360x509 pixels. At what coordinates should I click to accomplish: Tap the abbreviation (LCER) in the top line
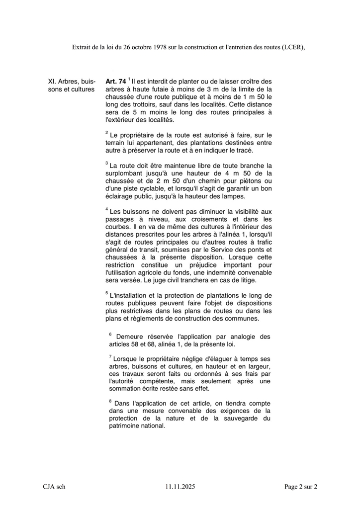(x=289, y=47)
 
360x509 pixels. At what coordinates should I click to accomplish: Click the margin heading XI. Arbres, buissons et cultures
(x=71, y=85)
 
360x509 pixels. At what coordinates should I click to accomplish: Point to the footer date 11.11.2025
(x=180, y=487)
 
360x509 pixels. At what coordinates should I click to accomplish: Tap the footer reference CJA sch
(x=54, y=487)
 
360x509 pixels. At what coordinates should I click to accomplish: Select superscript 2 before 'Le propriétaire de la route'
(x=107, y=133)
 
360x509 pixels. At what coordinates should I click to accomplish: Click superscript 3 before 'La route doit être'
(x=107, y=163)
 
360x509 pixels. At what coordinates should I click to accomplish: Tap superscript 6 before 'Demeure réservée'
(x=110, y=335)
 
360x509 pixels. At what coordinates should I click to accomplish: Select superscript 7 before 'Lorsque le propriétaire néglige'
(x=110, y=356)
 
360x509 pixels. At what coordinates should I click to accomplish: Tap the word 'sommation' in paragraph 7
(x=128, y=389)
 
